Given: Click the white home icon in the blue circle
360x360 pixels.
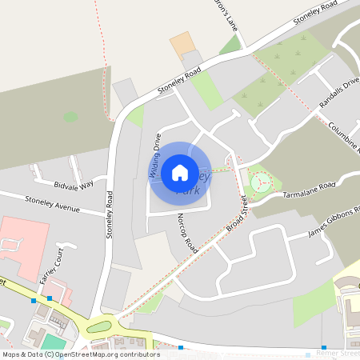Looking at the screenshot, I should point(180,172).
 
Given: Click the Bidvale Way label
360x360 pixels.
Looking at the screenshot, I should point(74,185).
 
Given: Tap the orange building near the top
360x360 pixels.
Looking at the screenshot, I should point(182,43).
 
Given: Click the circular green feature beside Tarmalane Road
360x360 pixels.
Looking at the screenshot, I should point(260,183).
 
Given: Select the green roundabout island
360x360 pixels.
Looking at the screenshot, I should point(102,325).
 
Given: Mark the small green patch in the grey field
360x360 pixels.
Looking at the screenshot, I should point(71,117).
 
